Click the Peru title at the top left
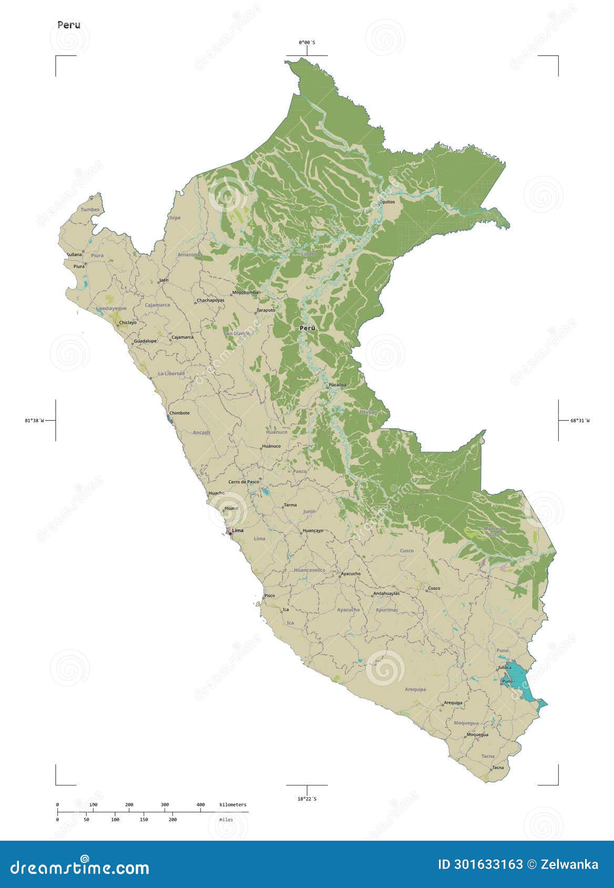tap(69, 25)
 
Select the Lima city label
tap(238, 531)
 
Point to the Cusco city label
tap(434, 588)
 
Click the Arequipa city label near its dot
tap(453, 703)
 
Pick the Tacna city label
tap(498, 768)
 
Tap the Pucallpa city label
tap(337, 385)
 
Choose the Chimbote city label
tap(179, 413)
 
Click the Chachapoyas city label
tap(210, 301)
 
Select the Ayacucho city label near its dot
tap(351, 574)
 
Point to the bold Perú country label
tap(308, 328)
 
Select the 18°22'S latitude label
tap(307, 799)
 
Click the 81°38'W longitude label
tap(35, 420)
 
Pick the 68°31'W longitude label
tap(580, 420)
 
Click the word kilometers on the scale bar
tap(232, 805)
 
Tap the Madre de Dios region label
tap(494, 531)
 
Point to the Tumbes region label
tap(90, 210)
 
